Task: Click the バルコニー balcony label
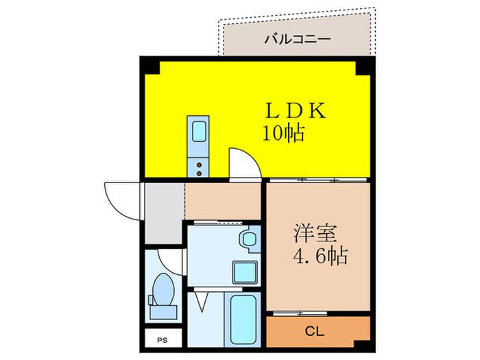pos(298,38)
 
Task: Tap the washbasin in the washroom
pos(248,241)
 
